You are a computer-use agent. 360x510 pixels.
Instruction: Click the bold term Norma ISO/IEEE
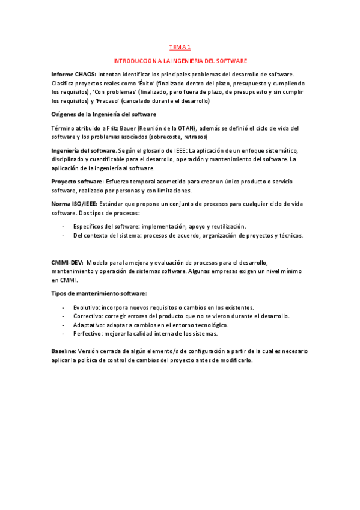(73, 204)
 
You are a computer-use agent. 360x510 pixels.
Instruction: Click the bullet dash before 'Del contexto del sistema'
(64, 235)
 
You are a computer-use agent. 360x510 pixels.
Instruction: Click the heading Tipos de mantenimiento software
(99, 293)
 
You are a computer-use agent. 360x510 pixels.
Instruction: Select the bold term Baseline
(63, 351)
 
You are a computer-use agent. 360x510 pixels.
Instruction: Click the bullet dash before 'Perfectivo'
(64, 333)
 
